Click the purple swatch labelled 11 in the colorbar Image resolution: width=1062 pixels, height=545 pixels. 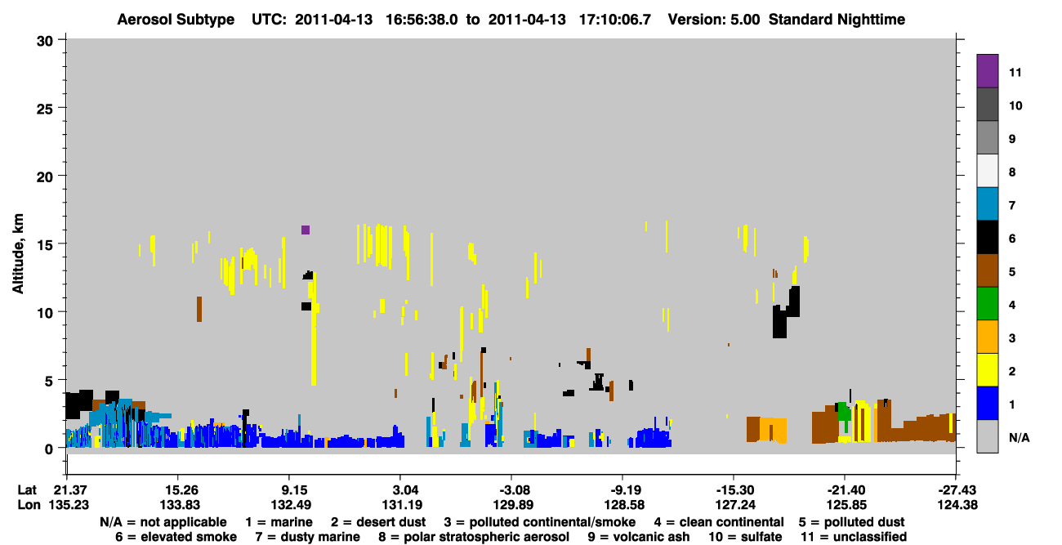point(987,70)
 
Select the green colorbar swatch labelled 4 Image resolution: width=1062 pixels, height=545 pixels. point(987,304)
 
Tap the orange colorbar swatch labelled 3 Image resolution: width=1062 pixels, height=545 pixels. point(987,337)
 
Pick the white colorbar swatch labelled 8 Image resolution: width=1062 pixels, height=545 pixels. point(987,171)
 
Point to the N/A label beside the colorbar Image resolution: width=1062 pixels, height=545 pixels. point(1019,437)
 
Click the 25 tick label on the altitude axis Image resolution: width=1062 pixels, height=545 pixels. point(45,109)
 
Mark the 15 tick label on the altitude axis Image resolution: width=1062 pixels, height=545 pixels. point(45,245)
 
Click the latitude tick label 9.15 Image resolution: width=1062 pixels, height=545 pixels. point(293,489)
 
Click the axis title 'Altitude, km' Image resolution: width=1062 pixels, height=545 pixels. point(18,254)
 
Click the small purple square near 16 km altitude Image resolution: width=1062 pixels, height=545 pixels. point(306,230)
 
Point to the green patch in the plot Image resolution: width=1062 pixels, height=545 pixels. point(845,412)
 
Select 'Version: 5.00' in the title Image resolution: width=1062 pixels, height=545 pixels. point(714,20)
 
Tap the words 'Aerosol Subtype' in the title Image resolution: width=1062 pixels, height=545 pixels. point(176,20)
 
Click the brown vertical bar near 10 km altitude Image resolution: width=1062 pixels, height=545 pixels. point(199,309)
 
